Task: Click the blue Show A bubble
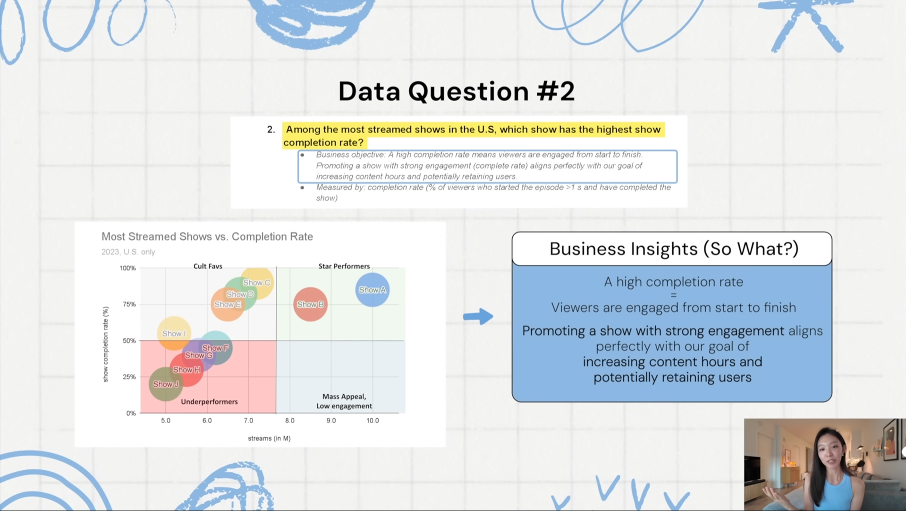(x=373, y=290)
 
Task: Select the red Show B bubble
(x=310, y=304)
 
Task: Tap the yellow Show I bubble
(x=174, y=333)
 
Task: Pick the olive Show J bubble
(x=166, y=384)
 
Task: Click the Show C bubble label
(x=256, y=283)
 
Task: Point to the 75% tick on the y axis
(x=129, y=304)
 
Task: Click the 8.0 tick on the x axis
(x=289, y=420)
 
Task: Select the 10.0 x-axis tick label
(x=373, y=420)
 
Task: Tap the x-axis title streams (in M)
(x=269, y=438)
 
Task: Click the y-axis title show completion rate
(x=105, y=344)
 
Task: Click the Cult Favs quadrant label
(x=208, y=266)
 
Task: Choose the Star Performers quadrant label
(x=344, y=266)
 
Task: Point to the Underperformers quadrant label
(x=209, y=402)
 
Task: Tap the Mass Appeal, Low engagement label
(x=344, y=401)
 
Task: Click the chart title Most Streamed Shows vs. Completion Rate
(x=207, y=236)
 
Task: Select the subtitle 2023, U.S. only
(x=128, y=252)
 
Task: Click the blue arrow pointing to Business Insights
(x=478, y=316)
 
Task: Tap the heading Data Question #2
(x=457, y=91)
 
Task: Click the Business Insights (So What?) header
(x=674, y=249)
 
